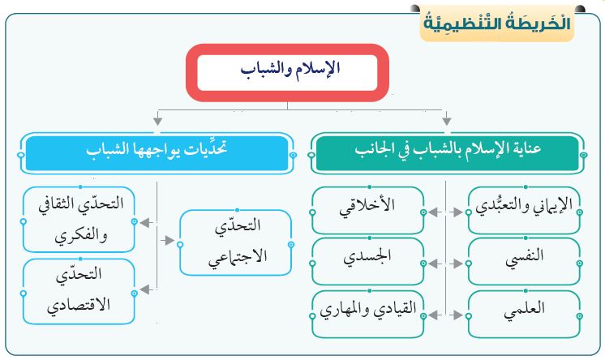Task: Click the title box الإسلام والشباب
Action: pos(287,72)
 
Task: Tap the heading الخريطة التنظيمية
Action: pos(497,24)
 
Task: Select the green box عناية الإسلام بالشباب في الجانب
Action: pos(448,153)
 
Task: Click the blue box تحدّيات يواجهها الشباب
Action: pos(157,153)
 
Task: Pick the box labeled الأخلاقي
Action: pos(367,211)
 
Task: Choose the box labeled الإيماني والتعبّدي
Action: pos(524,211)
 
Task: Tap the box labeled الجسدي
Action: pos(367,262)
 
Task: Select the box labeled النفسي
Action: pos(524,262)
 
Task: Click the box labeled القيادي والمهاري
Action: pos(367,314)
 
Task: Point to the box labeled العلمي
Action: pos(524,314)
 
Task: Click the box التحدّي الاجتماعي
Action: pos(236,242)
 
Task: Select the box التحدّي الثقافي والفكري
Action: pos(79,220)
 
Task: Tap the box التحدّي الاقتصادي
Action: pos(79,291)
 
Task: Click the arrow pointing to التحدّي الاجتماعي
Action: pos(167,240)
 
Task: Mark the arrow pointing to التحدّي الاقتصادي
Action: pos(147,289)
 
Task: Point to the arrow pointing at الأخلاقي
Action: pos(435,212)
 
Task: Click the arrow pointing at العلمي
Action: pos(457,315)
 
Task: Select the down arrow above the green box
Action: pos(446,118)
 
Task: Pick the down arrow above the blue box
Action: pos(157,118)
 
